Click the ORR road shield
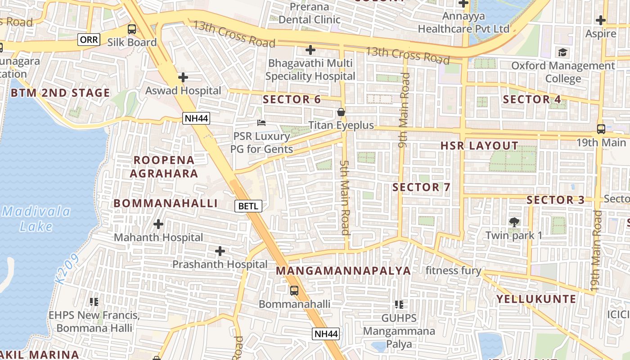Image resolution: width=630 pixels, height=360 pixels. pyautogui.click(x=89, y=40)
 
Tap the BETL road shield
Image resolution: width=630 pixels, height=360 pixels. pyautogui.click(x=248, y=206)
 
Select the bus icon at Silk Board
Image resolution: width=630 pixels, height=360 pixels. pyautogui.click(x=132, y=29)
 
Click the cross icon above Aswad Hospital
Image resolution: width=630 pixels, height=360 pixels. pyautogui.click(x=183, y=77)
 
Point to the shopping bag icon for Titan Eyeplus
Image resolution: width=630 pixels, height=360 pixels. pyautogui.click(x=341, y=112)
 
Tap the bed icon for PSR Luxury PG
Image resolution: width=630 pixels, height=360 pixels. pyautogui.click(x=261, y=122)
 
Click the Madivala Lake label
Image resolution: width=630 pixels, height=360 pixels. pyautogui.click(x=36, y=219)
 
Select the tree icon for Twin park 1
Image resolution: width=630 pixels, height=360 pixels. pyautogui.click(x=514, y=222)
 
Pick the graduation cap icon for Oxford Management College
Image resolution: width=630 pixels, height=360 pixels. pyautogui.click(x=562, y=53)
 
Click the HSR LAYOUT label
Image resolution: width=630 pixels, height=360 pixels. pyautogui.click(x=479, y=146)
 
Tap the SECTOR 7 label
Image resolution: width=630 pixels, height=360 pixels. pyautogui.click(x=421, y=187)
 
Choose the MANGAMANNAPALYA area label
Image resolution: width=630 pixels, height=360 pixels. pyautogui.click(x=343, y=270)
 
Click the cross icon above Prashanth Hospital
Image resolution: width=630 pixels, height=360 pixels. pyautogui.click(x=220, y=251)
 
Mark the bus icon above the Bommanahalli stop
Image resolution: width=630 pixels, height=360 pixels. pyautogui.click(x=294, y=291)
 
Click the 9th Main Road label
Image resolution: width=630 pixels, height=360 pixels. pyautogui.click(x=404, y=110)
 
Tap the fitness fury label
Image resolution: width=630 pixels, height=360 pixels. pyautogui.click(x=453, y=270)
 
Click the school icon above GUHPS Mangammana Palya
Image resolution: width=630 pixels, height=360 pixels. pyautogui.click(x=399, y=305)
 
